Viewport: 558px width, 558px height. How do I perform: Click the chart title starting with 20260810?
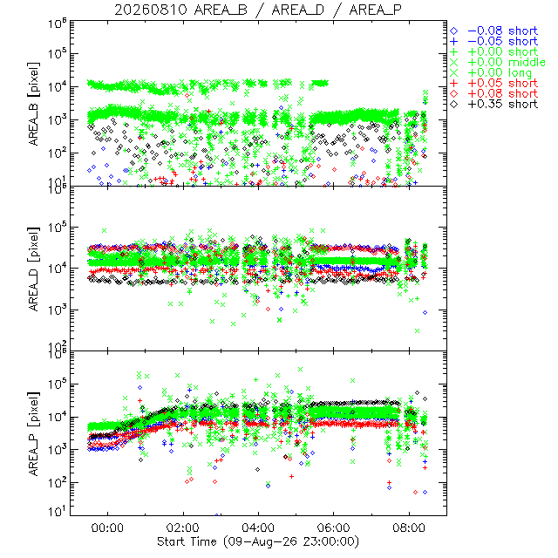click(258, 10)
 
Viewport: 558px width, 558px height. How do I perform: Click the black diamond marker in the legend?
click(454, 105)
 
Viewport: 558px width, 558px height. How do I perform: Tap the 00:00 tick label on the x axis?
click(107, 527)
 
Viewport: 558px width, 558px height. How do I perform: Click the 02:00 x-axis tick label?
click(183, 527)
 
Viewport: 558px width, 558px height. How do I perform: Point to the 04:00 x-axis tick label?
click(258, 527)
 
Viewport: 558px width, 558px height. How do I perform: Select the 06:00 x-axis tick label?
click(333, 527)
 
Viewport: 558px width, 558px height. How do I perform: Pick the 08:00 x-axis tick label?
click(409, 527)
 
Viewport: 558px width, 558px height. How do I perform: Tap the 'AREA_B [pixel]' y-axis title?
click(34, 104)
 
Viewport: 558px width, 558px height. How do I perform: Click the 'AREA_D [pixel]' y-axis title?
click(34, 269)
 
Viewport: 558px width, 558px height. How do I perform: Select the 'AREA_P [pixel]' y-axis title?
click(34, 434)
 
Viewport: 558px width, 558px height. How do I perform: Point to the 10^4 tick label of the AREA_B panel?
click(58, 85)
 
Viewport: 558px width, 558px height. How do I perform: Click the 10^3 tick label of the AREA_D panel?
click(58, 310)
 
